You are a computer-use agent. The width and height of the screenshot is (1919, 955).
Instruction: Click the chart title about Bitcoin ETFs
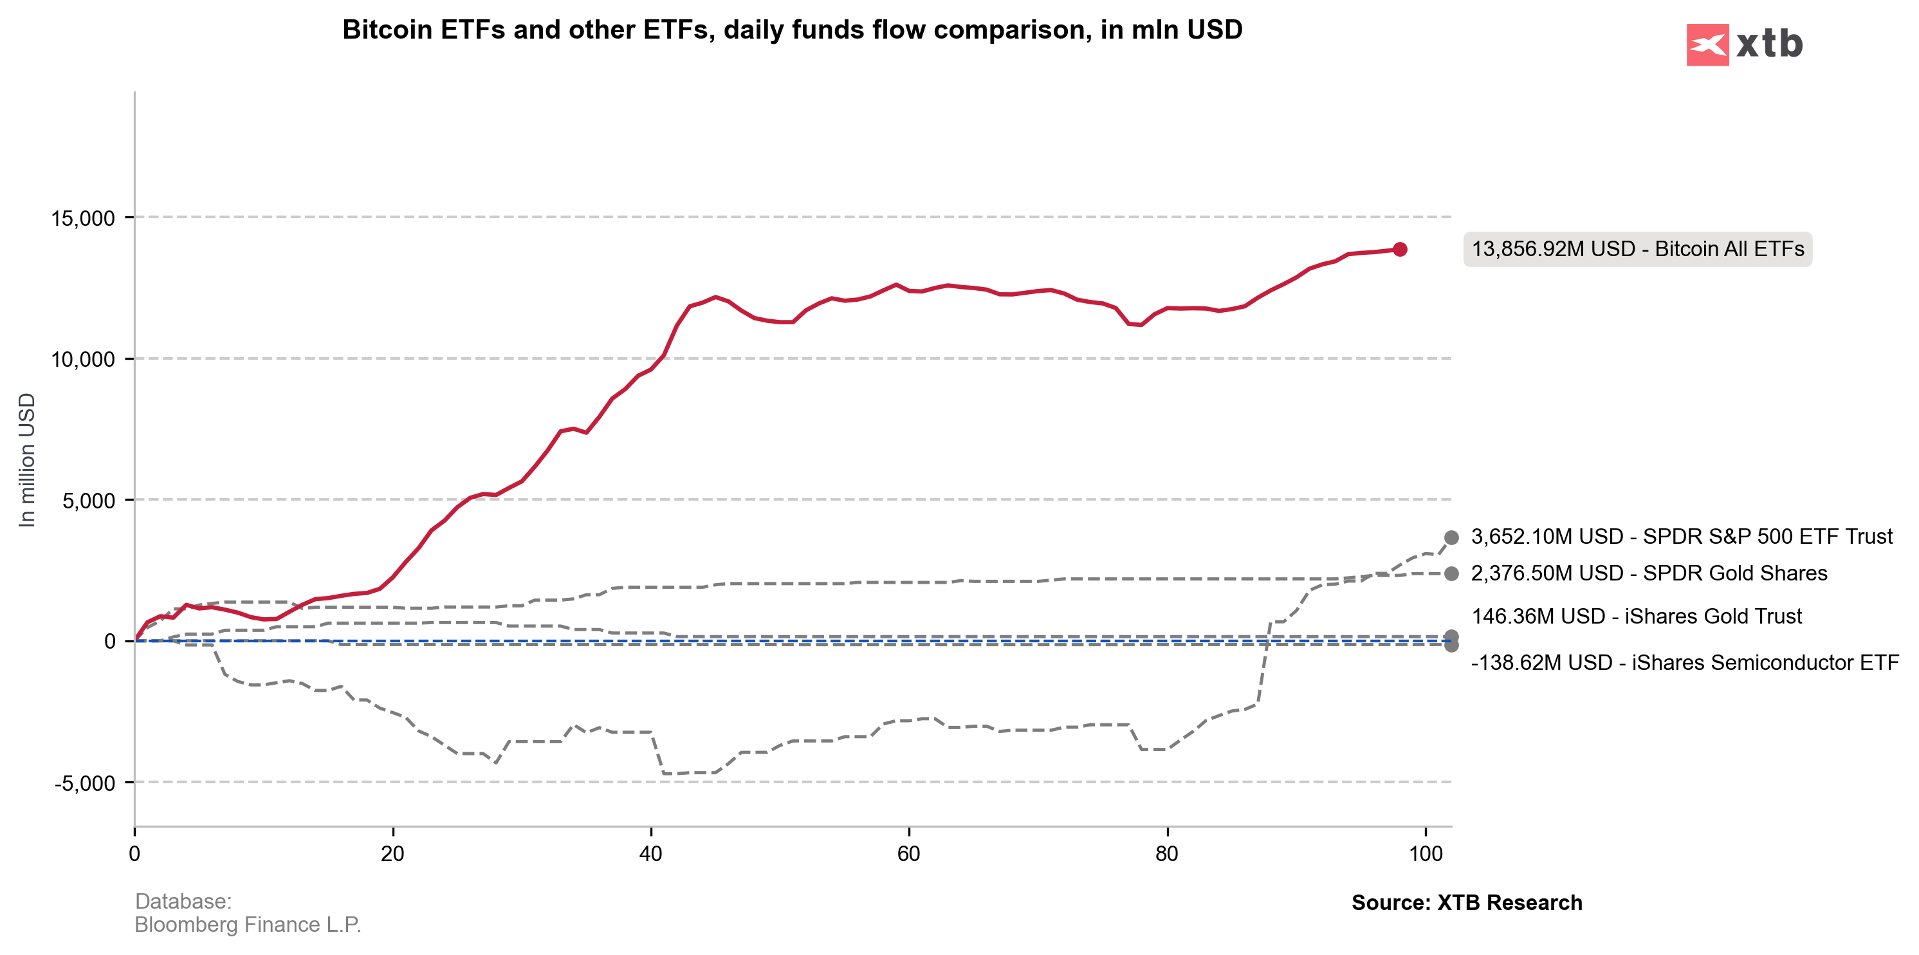(x=792, y=30)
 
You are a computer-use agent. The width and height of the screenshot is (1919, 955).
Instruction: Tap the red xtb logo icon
(x=1707, y=44)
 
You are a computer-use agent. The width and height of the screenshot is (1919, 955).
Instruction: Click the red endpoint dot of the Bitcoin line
(x=1400, y=250)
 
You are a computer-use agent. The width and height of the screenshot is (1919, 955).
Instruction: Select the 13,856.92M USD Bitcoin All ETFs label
(x=1637, y=249)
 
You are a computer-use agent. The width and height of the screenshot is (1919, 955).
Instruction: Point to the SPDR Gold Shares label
(x=1649, y=573)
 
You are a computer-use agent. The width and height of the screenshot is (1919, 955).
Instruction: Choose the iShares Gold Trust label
(x=1636, y=616)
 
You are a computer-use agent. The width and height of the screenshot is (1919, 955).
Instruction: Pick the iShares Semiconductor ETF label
(x=1684, y=662)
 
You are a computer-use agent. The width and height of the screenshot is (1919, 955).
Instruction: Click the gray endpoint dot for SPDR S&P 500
(x=1451, y=538)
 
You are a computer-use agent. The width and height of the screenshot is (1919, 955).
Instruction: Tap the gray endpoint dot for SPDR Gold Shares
(x=1451, y=573)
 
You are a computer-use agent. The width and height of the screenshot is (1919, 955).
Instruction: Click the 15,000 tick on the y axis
(x=83, y=218)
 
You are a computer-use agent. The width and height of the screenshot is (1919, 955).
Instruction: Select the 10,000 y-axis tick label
(x=83, y=359)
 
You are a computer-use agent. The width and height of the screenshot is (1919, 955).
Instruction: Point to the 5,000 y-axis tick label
(x=89, y=501)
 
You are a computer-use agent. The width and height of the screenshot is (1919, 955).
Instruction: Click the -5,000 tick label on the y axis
(x=84, y=783)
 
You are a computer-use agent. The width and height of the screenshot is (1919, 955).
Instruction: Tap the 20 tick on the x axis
(x=392, y=854)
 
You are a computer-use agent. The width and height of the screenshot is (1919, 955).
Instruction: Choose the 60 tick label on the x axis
(x=909, y=854)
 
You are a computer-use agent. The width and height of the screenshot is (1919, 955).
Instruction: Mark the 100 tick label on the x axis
(x=1425, y=854)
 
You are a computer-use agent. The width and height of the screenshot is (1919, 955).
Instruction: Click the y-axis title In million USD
(x=27, y=459)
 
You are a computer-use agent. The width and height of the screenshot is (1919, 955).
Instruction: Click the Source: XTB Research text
(x=1466, y=903)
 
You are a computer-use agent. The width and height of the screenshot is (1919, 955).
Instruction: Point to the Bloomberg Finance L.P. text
(x=247, y=925)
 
